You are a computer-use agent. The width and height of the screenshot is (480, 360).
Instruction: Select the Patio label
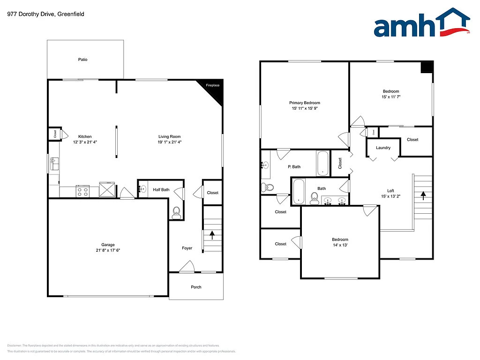83,60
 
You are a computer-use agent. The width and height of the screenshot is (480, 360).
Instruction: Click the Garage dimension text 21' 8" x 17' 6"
108,250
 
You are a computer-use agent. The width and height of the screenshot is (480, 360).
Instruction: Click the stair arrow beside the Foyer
211,233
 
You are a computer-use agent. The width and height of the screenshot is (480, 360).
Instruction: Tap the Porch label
196,287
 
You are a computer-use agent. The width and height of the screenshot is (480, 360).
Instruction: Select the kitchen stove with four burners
83,191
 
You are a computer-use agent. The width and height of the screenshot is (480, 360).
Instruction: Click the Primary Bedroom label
304,103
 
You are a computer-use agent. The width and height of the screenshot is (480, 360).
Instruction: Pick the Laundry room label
383,148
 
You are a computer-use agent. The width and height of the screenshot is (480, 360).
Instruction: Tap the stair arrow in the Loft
423,195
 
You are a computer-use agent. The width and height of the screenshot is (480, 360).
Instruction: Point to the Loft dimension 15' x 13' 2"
390,196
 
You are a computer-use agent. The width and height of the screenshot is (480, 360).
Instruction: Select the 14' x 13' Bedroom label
340,245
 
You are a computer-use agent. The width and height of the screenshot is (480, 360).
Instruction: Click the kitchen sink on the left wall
54,164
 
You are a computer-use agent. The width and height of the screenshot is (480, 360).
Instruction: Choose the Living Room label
169,137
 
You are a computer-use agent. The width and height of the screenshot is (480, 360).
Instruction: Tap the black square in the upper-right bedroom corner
426,67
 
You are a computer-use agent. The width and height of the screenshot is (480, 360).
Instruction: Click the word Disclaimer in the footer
15,345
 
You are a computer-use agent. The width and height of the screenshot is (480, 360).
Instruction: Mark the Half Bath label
161,190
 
